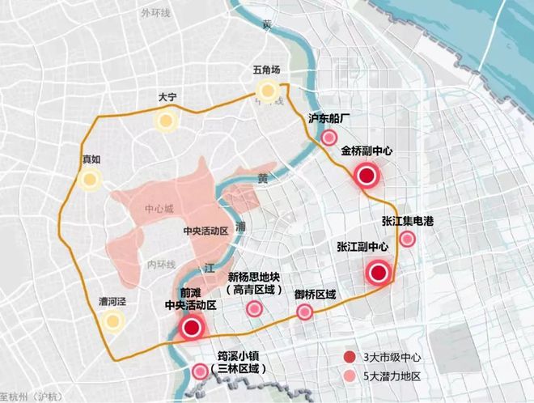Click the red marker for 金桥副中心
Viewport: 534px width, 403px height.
coord(367,175)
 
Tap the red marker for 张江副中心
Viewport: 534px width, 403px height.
coord(376,273)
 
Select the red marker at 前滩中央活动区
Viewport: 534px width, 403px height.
coord(192,328)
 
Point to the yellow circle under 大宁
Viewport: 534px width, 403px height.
coord(167,122)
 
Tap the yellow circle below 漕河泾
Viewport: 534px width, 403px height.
coord(112,323)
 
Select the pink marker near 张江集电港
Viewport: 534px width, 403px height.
coord(408,238)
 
